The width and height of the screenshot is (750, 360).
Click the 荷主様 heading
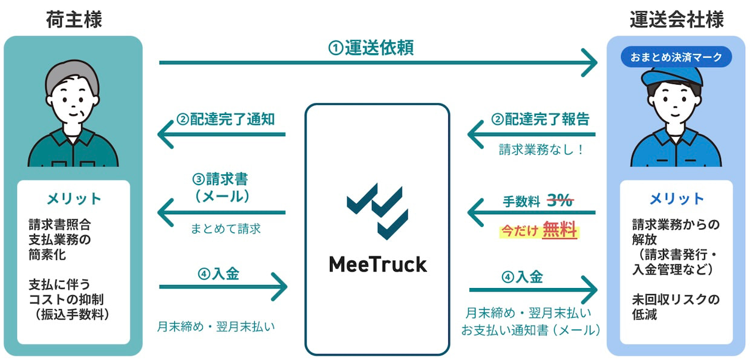[74, 19]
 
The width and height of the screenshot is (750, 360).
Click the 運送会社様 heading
[676, 19]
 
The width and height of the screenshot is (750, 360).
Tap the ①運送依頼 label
[371, 48]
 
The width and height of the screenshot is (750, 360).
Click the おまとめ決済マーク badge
[676, 57]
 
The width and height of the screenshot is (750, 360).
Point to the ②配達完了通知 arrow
[221, 134]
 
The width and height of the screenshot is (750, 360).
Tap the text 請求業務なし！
[541, 149]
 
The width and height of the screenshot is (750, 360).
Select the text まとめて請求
[225, 229]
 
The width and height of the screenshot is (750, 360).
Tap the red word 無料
[559, 231]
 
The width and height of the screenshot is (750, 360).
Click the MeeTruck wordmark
[377, 264]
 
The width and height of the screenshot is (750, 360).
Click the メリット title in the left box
[74, 198]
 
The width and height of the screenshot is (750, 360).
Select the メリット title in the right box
[676, 198]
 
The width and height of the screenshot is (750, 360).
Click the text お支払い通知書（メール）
[530, 330]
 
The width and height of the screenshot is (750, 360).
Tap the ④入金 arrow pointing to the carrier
[532, 292]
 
